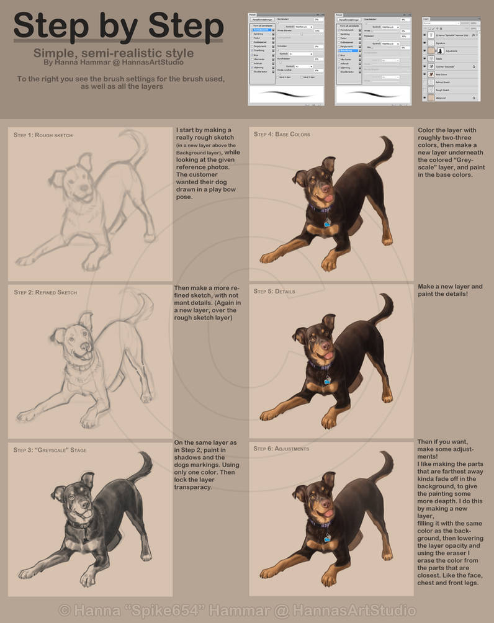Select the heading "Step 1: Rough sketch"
coord(43,135)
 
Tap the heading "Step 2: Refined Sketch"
coord(45,292)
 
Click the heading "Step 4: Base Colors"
coord(282,134)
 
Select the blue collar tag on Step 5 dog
coord(327,380)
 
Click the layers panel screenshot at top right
coord(451,59)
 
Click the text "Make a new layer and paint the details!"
coord(450,290)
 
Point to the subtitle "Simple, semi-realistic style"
coord(114,53)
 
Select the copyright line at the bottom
coord(238,611)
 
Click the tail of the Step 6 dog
coord(385,465)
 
